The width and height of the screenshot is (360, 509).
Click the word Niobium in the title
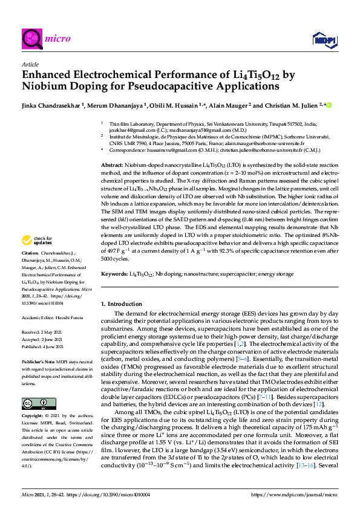(42, 87)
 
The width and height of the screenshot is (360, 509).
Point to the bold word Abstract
(112, 164)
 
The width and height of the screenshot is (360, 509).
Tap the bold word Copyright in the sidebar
(33, 416)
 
